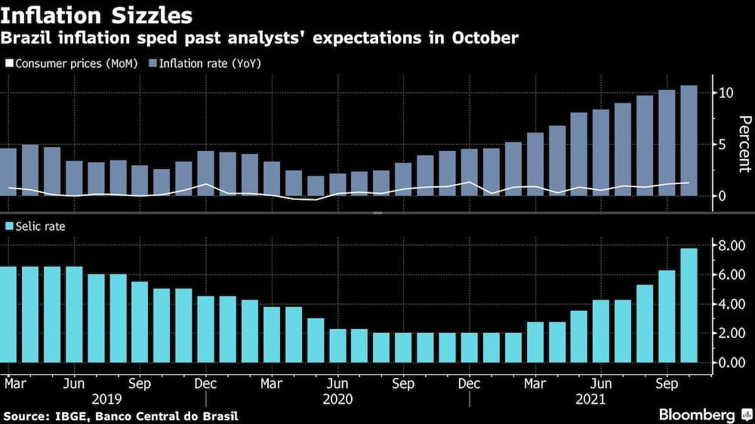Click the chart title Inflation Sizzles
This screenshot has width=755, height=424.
pos(96,15)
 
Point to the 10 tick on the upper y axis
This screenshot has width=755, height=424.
pos(726,93)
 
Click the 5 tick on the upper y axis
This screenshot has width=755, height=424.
pos(723,144)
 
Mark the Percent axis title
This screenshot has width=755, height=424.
pos(744,143)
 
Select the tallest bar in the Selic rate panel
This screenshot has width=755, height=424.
pos(689,305)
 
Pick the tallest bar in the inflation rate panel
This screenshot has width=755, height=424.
pos(689,140)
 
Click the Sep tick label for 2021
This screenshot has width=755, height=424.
pos(667,383)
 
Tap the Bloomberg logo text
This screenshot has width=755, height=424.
pos(696,415)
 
